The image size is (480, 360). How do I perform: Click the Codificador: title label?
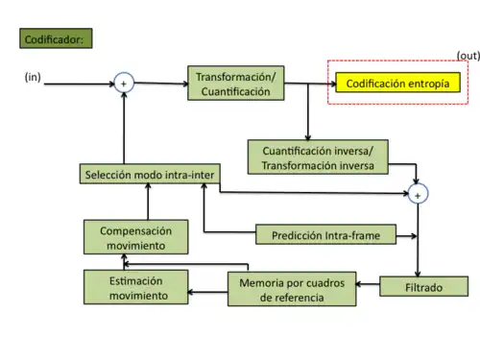tap(54, 40)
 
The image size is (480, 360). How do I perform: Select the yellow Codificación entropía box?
tap(397, 84)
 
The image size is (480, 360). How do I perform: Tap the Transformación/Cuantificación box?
tap(235, 84)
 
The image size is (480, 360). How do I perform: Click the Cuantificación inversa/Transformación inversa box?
tap(318, 156)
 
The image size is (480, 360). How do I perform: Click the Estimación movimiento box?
tap(134, 288)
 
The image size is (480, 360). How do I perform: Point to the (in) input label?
tap(33, 76)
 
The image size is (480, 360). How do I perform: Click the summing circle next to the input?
tap(124, 84)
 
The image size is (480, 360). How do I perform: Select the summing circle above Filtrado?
tap(419, 194)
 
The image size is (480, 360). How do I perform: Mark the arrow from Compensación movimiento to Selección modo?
tap(148, 203)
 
